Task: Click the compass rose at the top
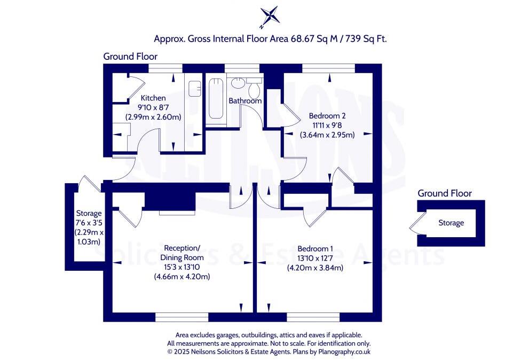[269, 16]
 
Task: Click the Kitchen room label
[153, 98]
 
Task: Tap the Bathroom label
[245, 101]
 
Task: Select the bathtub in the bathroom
[216, 99]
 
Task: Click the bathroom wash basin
[238, 83]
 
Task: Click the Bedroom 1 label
[315, 249]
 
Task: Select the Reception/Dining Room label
[182, 253]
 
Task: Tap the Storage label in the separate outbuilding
[451, 223]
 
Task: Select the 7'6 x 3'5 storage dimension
[88, 223]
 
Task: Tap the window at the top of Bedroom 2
[328, 68]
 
